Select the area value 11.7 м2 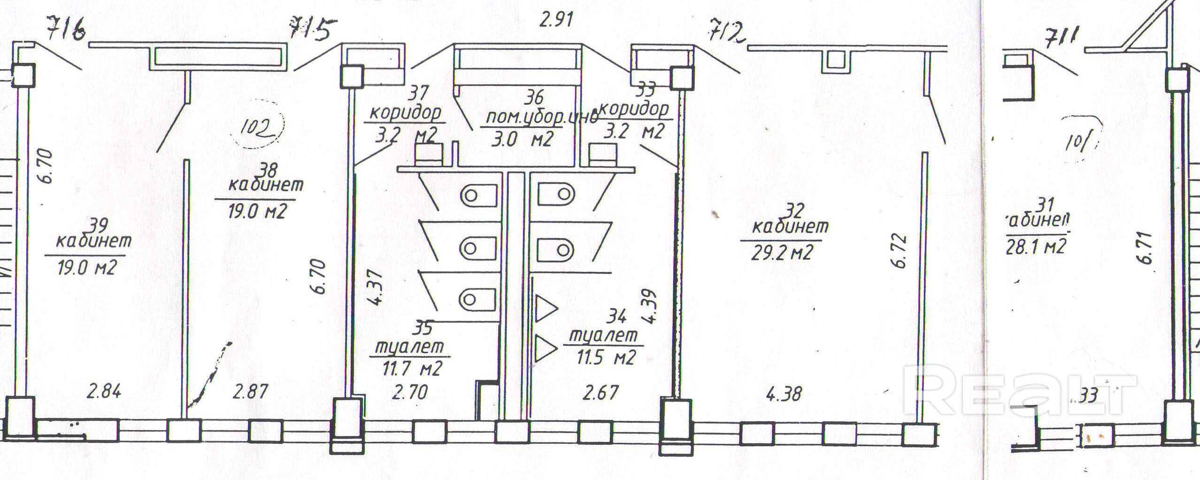(412, 368)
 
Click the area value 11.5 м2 (606, 357)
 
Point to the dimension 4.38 (784, 394)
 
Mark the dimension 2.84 (104, 391)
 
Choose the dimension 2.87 (251, 391)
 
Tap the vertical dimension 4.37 (377, 287)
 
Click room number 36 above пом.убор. (533, 98)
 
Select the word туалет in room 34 (604, 335)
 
